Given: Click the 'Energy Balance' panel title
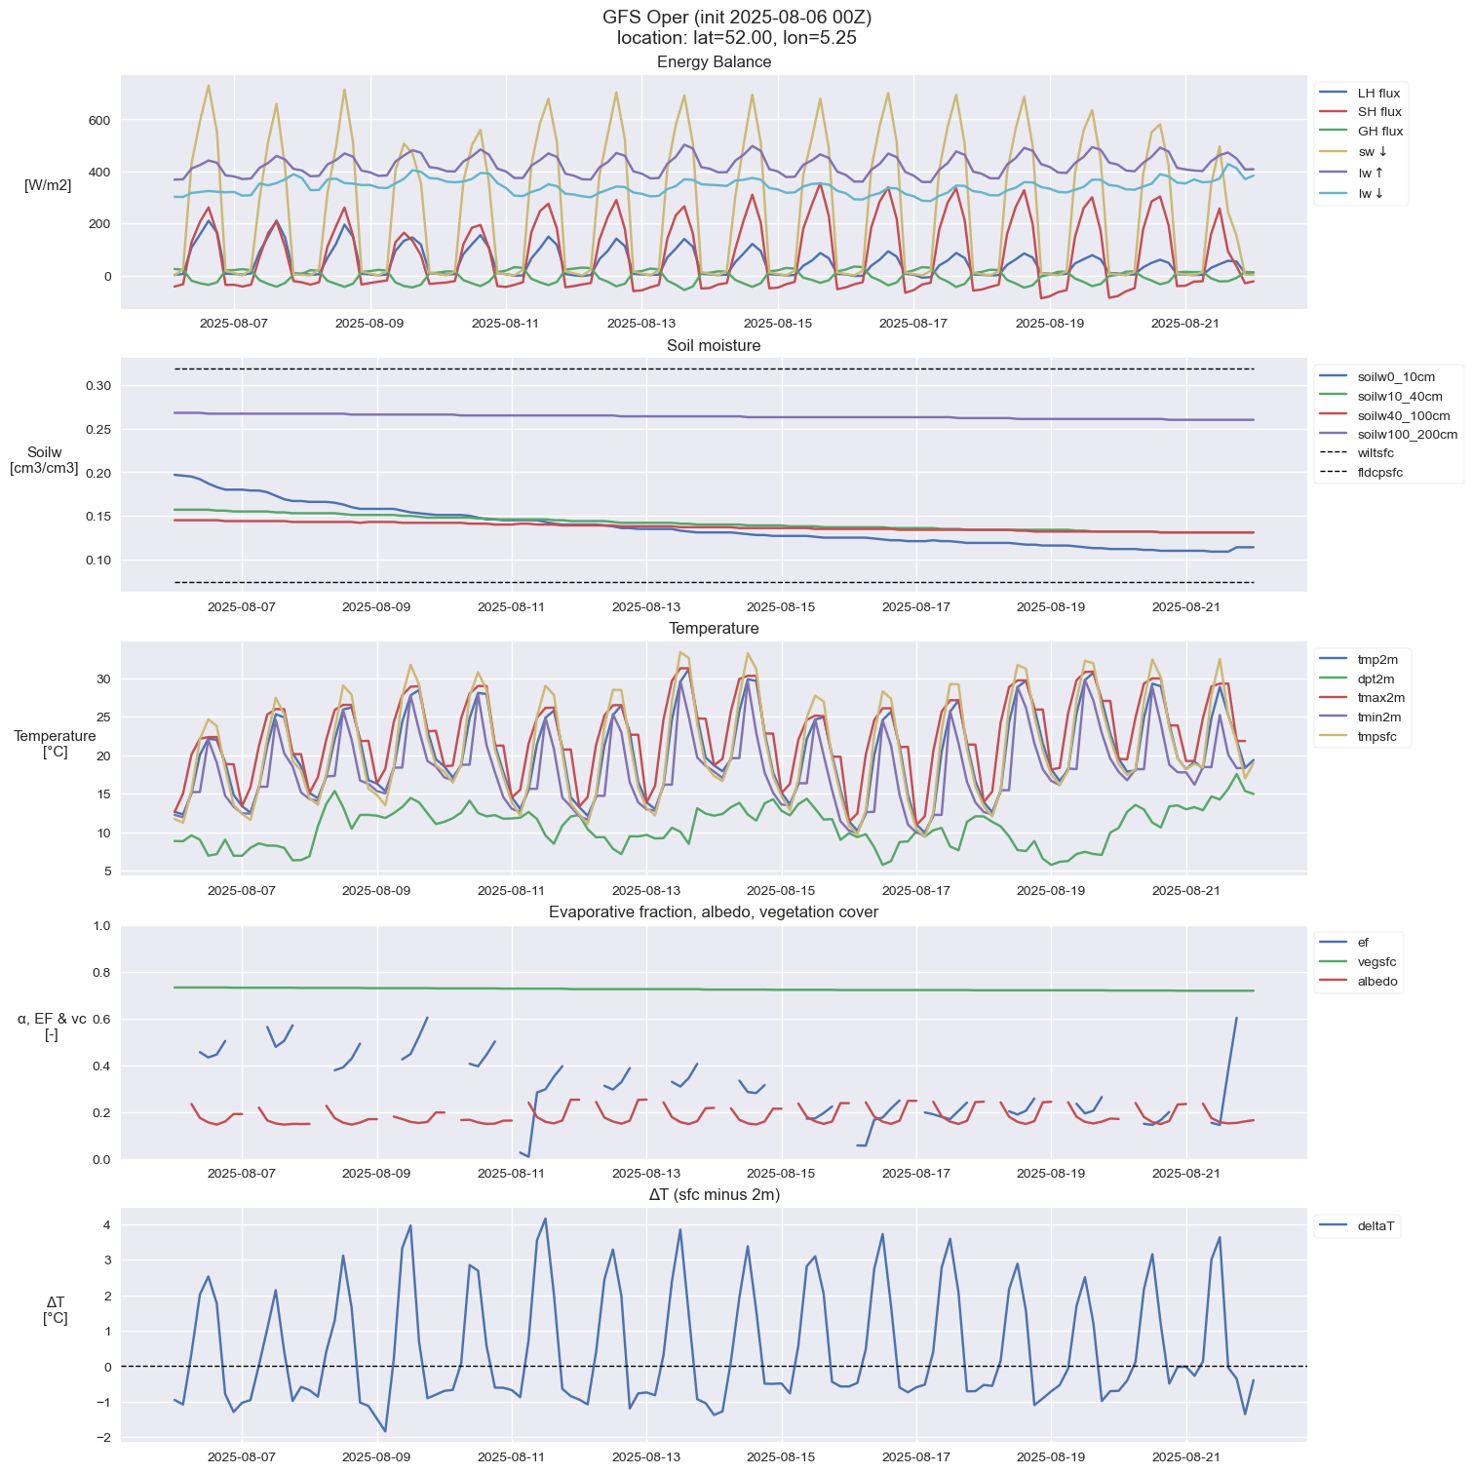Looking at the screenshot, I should click(x=714, y=62).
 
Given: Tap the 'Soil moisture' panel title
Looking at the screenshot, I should click(x=714, y=346).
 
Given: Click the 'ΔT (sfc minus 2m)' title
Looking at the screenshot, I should click(x=714, y=1195).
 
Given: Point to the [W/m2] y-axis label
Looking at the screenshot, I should click(x=48, y=185).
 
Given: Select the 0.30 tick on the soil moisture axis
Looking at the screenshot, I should click(x=97, y=386).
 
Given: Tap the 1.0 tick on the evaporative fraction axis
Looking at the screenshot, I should click(x=101, y=926).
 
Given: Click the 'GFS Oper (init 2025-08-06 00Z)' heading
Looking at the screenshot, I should click(x=736, y=18).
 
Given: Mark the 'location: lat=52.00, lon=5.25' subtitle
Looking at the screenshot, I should click(x=736, y=39).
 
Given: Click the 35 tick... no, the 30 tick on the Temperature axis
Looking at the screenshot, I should click(x=102, y=678).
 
